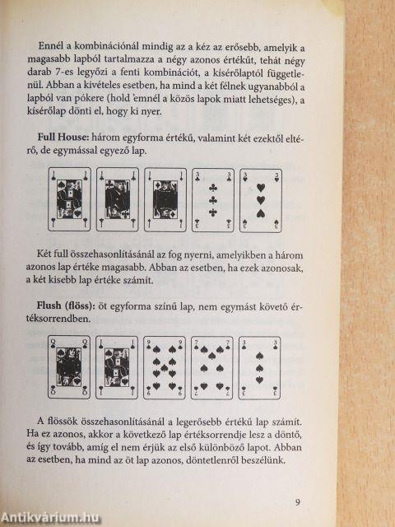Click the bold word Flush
pos(49,305)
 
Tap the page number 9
pos(298,502)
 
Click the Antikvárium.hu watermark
pos(49,518)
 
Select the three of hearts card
pos(261,200)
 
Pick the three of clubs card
pos(213,200)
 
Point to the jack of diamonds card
pos(165,200)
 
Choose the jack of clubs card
pos(118,199)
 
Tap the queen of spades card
pos(69,367)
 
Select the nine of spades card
pos(165,368)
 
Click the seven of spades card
pos(212,368)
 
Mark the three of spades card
pos(260,368)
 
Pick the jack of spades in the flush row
pos(117,367)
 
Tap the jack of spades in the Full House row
pos(69,199)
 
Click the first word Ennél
pos(48,46)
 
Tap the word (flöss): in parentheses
pos(75,305)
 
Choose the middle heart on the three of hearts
pos(261,201)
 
